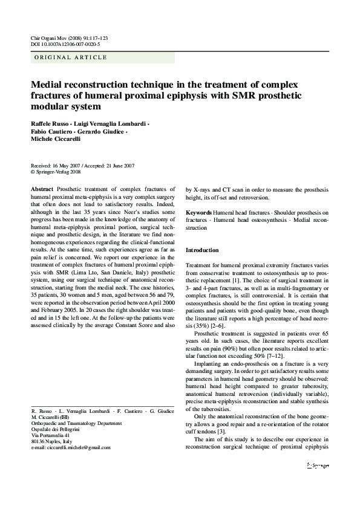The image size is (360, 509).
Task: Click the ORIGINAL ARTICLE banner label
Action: coord(71,57)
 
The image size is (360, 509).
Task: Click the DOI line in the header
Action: coord(65,44)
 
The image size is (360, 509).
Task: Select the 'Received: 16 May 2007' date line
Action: coord(55,165)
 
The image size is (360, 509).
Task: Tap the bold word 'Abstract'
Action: coord(42,189)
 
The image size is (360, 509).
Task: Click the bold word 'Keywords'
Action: coord(198,213)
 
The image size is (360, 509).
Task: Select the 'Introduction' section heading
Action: coord(202,250)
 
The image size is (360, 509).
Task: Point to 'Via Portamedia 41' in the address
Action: coord(50,435)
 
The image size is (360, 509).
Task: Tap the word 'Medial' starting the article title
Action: coord(48,85)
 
